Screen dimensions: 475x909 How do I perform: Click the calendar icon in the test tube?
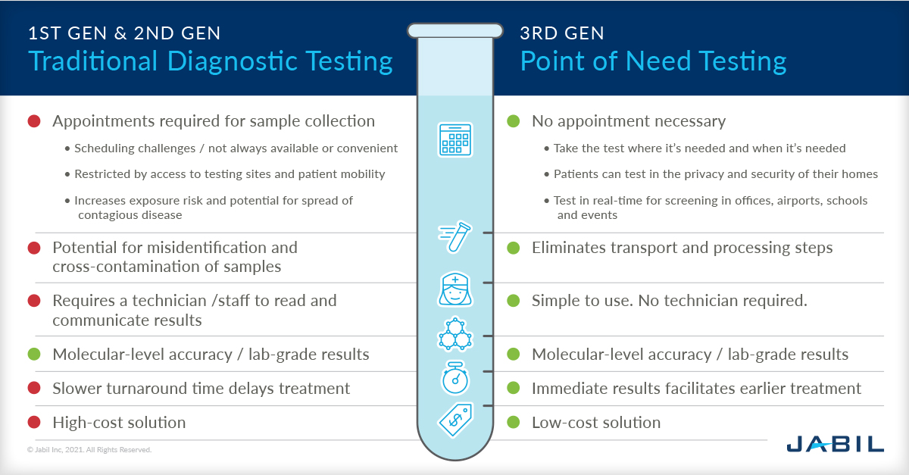coord(454,139)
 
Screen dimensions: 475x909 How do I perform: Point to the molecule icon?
coord(454,334)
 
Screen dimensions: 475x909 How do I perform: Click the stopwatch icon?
coord(454,378)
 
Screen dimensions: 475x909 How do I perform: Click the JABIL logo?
coord(835,443)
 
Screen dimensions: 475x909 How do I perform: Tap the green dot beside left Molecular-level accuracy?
coord(34,354)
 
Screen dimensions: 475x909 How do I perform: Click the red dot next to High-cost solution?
coord(34,423)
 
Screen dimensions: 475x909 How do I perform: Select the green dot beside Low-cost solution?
coord(514,423)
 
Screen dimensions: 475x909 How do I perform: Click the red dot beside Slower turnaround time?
coord(34,389)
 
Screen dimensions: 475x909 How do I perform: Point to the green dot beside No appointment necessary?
coord(514,121)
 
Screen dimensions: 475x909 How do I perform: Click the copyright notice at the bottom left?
coord(89,450)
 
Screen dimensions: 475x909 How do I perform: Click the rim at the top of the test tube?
coord(454,30)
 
